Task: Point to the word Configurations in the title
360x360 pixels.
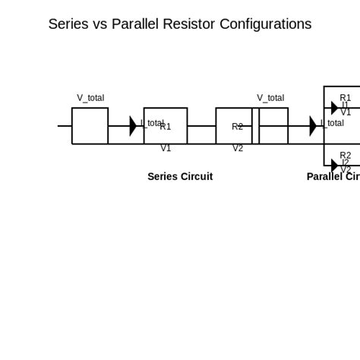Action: pos(265,24)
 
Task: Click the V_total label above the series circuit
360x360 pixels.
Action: pos(90,98)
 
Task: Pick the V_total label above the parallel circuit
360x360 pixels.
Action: pos(270,98)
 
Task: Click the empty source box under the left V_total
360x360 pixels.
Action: pos(90,126)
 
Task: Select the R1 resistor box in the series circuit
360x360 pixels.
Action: pos(166,126)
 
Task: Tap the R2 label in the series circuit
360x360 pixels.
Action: pos(238,127)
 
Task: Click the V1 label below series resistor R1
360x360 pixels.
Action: pos(166,148)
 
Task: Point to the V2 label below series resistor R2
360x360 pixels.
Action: pos(238,148)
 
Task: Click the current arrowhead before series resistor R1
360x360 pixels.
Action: pos(133,126)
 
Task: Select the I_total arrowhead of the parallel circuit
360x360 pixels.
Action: pos(313,126)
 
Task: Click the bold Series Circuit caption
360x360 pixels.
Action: pos(180,177)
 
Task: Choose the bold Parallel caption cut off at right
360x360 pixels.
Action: pos(333,177)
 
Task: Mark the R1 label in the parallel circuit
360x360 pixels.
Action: pos(346,98)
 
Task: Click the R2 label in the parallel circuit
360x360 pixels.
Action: pos(346,155)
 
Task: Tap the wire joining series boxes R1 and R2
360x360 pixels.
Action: pos(201,126)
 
